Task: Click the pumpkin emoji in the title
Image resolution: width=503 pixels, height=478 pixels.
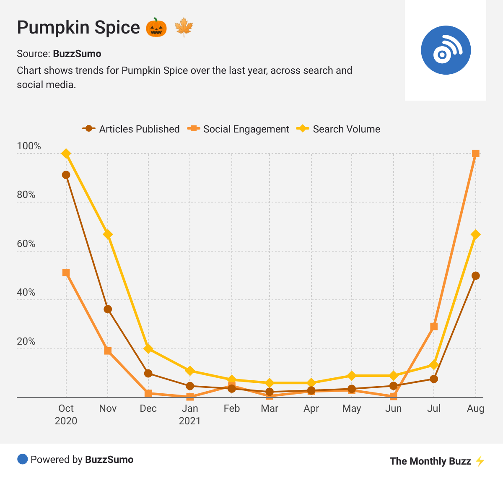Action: click(156, 28)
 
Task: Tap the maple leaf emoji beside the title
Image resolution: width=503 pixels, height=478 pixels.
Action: click(183, 28)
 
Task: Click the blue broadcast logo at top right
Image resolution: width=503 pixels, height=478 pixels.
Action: click(446, 50)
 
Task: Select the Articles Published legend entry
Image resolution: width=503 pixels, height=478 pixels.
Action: click(131, 129)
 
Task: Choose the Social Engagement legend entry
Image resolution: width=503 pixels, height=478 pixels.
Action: click(239, 129)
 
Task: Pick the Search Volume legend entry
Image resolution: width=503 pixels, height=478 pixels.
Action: click(338, 129)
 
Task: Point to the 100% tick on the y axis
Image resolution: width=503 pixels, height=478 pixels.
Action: click(29, 146)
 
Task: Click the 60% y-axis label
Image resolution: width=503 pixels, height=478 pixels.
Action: click(26, 244)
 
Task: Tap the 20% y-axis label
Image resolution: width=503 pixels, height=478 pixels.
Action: click(26, 342)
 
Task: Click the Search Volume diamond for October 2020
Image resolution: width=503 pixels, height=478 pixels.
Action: click(66, 153)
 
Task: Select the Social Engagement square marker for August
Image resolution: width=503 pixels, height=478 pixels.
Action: click(475, 153)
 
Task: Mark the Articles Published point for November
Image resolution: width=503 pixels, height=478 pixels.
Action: click(108, 309)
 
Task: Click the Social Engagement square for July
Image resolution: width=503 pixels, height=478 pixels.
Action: click(434, 327)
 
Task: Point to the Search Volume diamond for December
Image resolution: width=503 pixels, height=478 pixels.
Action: click(148, 349)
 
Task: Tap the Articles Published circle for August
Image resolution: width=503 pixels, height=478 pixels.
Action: click(475, 276)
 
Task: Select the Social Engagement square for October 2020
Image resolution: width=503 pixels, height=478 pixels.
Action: click(66, 273)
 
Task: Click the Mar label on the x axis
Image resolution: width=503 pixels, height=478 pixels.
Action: click(270, 409)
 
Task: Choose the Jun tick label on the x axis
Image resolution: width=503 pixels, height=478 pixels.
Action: click(393, 409)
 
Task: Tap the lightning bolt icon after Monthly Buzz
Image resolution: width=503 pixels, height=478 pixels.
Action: click(480, 461)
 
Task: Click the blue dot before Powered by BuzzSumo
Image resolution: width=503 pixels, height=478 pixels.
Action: click(22, 459)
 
